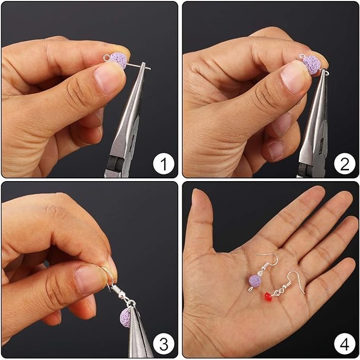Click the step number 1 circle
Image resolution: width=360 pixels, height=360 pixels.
[x=163, y=163]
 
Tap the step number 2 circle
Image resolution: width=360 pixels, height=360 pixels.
[x=345, y=163]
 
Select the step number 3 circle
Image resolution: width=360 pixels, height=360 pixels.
[x=163, y=344]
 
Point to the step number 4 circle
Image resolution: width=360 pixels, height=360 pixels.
[x=345, y=344]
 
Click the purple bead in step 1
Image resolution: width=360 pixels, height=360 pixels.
[x=118, y=60]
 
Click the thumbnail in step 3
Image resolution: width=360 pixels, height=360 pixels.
[x=91, y=279]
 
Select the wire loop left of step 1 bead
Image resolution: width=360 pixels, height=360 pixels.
[x=107, y=58]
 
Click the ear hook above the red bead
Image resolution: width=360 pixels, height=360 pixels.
[x=295, y=281]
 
